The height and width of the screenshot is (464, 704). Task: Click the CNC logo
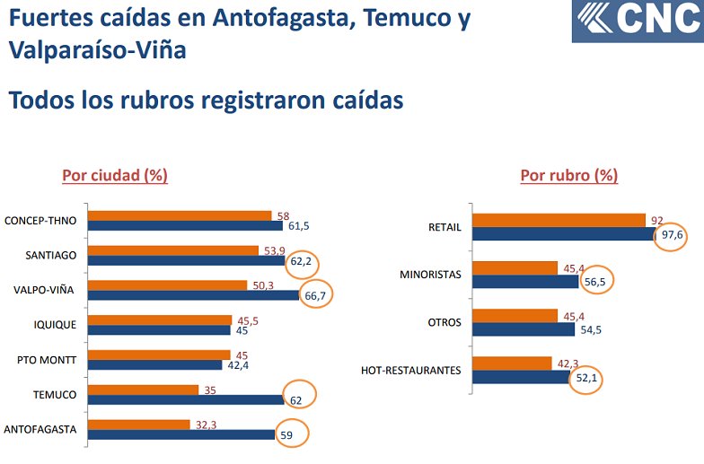[638, 21]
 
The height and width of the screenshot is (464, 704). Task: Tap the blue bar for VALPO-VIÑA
[194, 295]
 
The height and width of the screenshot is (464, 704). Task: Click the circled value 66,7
[315, 295]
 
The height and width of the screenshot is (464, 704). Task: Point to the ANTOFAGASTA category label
[40, 429]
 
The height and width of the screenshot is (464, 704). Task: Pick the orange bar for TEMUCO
[145, 390]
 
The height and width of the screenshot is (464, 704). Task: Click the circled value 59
[289, 434]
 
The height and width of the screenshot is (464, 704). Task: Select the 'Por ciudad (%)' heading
[115, 175]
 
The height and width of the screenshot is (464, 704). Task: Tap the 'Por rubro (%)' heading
[568, 175]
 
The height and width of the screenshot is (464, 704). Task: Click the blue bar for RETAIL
[564, 234]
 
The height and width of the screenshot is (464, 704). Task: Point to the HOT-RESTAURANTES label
[411, 370]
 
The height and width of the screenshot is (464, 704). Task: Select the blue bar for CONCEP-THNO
[186, 226]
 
